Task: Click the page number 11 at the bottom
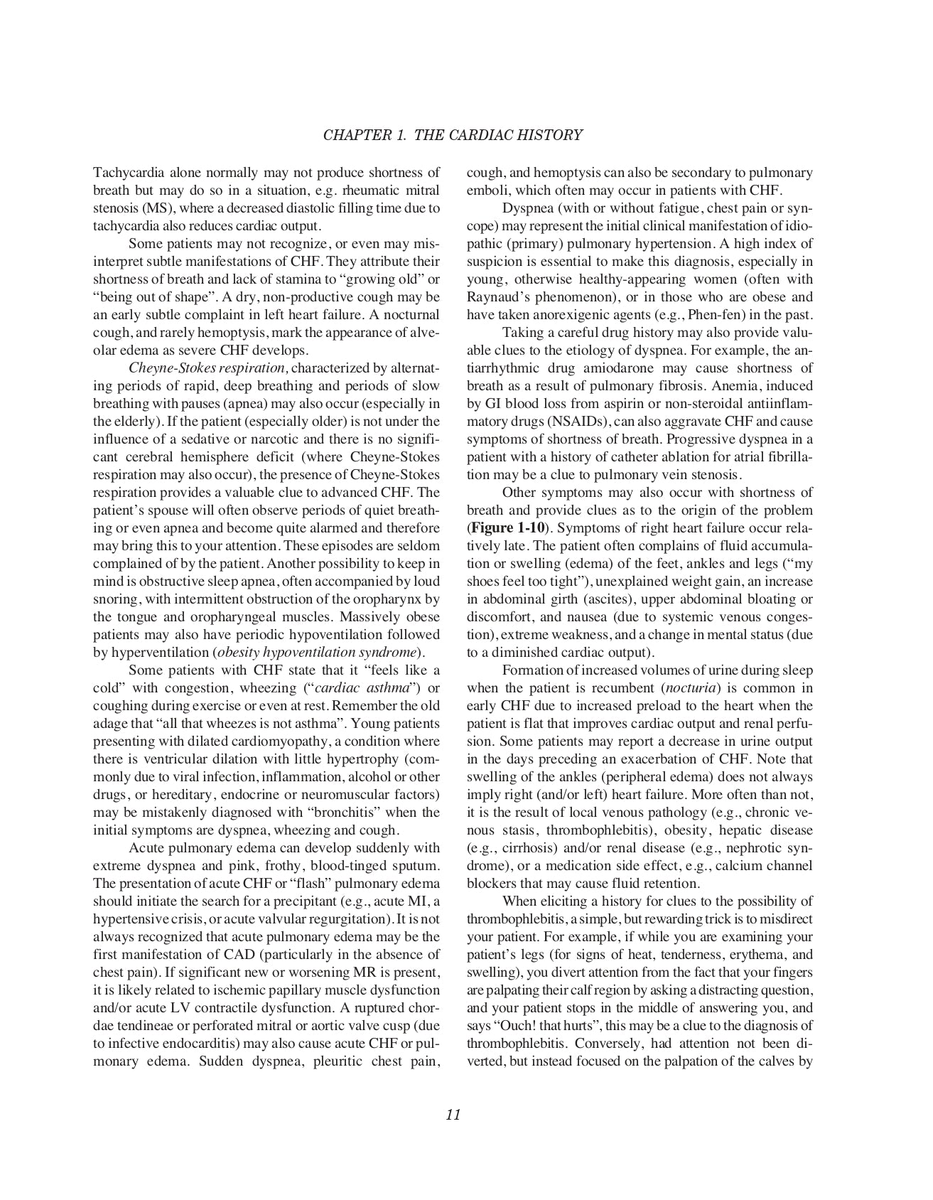[x=453, y=1115]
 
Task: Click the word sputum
[x=417, y=866]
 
